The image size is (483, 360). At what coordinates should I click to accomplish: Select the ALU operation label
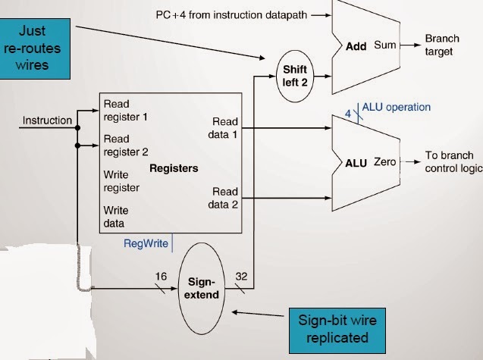click(x=396, y=107)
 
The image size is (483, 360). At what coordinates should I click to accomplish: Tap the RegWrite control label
click(x=146, y=243)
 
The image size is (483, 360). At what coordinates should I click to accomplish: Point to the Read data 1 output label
click(x=224, y=127)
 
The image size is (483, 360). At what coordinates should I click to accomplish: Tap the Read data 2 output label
click(x=224, y=197)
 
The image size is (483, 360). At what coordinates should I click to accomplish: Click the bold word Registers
click(x=174, y=168)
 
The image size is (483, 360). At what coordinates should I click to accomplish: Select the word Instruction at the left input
click(x=47, y=120)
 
